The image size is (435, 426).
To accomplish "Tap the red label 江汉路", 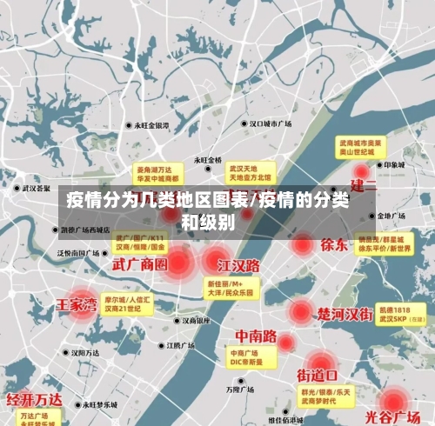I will [238, 265].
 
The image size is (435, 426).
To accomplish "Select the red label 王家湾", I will [77, 305].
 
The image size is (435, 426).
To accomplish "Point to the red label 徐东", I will [333, 244].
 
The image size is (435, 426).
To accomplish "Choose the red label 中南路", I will [256, 336].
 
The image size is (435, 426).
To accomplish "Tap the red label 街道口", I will [318, 376].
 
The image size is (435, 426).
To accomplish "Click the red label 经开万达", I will [35, 399].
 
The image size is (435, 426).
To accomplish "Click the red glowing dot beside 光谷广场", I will [394, 401].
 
